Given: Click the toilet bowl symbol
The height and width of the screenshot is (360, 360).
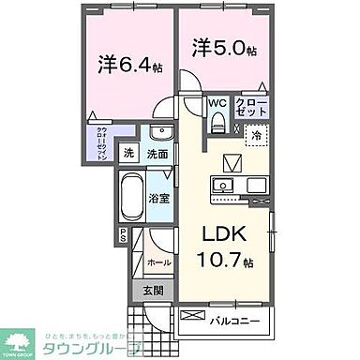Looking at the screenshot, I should pos(217,121).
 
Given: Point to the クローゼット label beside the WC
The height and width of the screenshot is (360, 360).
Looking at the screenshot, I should pos(250,106).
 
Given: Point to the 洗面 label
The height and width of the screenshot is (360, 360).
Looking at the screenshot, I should pos(157,154).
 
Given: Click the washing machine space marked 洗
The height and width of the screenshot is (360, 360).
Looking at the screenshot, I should pos(131,154).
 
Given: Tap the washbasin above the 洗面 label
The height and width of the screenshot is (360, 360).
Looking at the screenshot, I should pos(158,132).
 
